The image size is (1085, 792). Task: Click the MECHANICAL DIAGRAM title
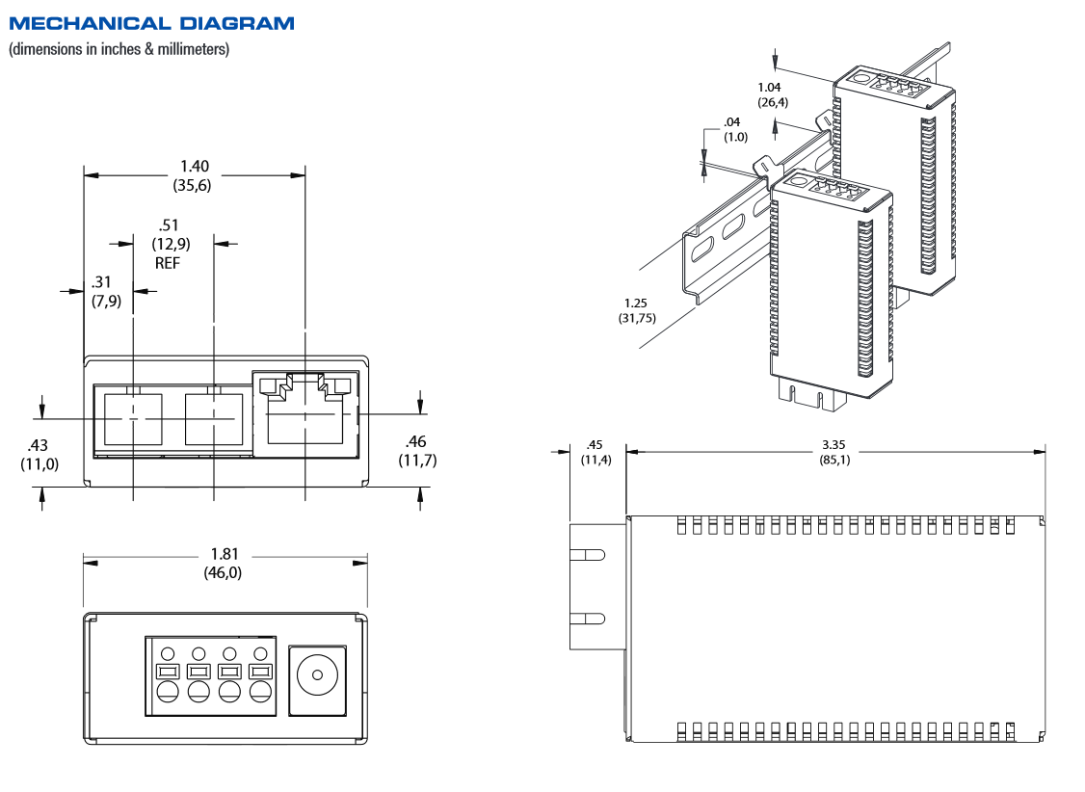(x=152, y=23)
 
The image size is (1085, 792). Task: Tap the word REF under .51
(x=168, y=262)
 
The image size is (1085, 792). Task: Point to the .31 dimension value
(x=102, y=282)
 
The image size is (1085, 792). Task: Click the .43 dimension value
(x=39, y=445)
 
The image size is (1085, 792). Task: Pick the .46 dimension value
(x=416, y=441)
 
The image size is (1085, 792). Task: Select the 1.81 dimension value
(x=225, y=554)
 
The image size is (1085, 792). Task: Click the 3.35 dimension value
(x=834, y=445)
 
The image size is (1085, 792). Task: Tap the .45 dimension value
(x=595, y=445)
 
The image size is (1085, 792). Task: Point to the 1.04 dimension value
(x=770, y=88)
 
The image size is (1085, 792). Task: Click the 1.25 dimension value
(x=635, y=303)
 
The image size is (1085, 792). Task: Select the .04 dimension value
(x=733, y=122)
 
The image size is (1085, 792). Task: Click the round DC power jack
(x=316, y=675)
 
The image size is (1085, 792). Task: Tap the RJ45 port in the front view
(x=304, y=416)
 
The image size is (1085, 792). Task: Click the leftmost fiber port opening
(x=132, y=419)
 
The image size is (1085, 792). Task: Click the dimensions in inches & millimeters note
(x=119, y=48)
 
